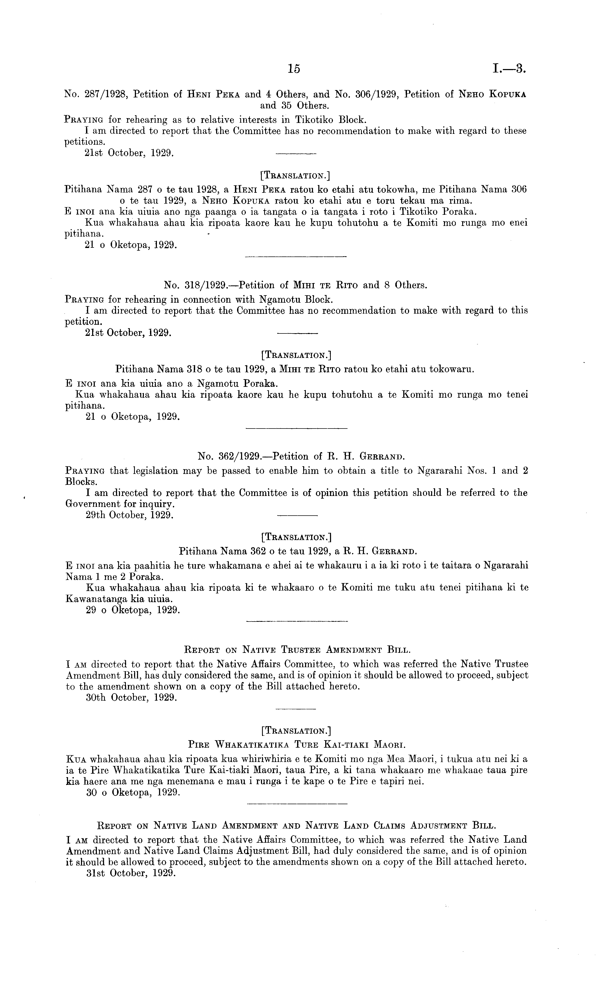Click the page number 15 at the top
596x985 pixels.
coord(293,69)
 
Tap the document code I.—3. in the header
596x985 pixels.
coord(510,69)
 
